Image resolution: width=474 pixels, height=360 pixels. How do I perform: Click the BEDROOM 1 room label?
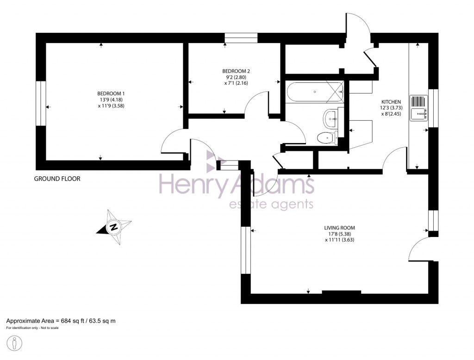click(x=111, y=93)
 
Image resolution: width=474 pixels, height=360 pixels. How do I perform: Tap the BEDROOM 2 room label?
click(x=236, y=71)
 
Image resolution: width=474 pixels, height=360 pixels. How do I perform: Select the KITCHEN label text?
click(x=391, y=102)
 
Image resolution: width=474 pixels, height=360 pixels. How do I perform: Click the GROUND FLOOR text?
click(x=57, y=179)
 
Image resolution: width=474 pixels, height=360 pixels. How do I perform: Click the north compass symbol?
click(x=113, y=227)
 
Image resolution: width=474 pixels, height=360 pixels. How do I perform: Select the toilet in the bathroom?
click(x=327, y=137)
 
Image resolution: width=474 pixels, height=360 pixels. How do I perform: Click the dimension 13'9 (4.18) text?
click(x=111, y=99)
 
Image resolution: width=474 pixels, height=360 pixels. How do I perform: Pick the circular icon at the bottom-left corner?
click(x=15, y=343)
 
